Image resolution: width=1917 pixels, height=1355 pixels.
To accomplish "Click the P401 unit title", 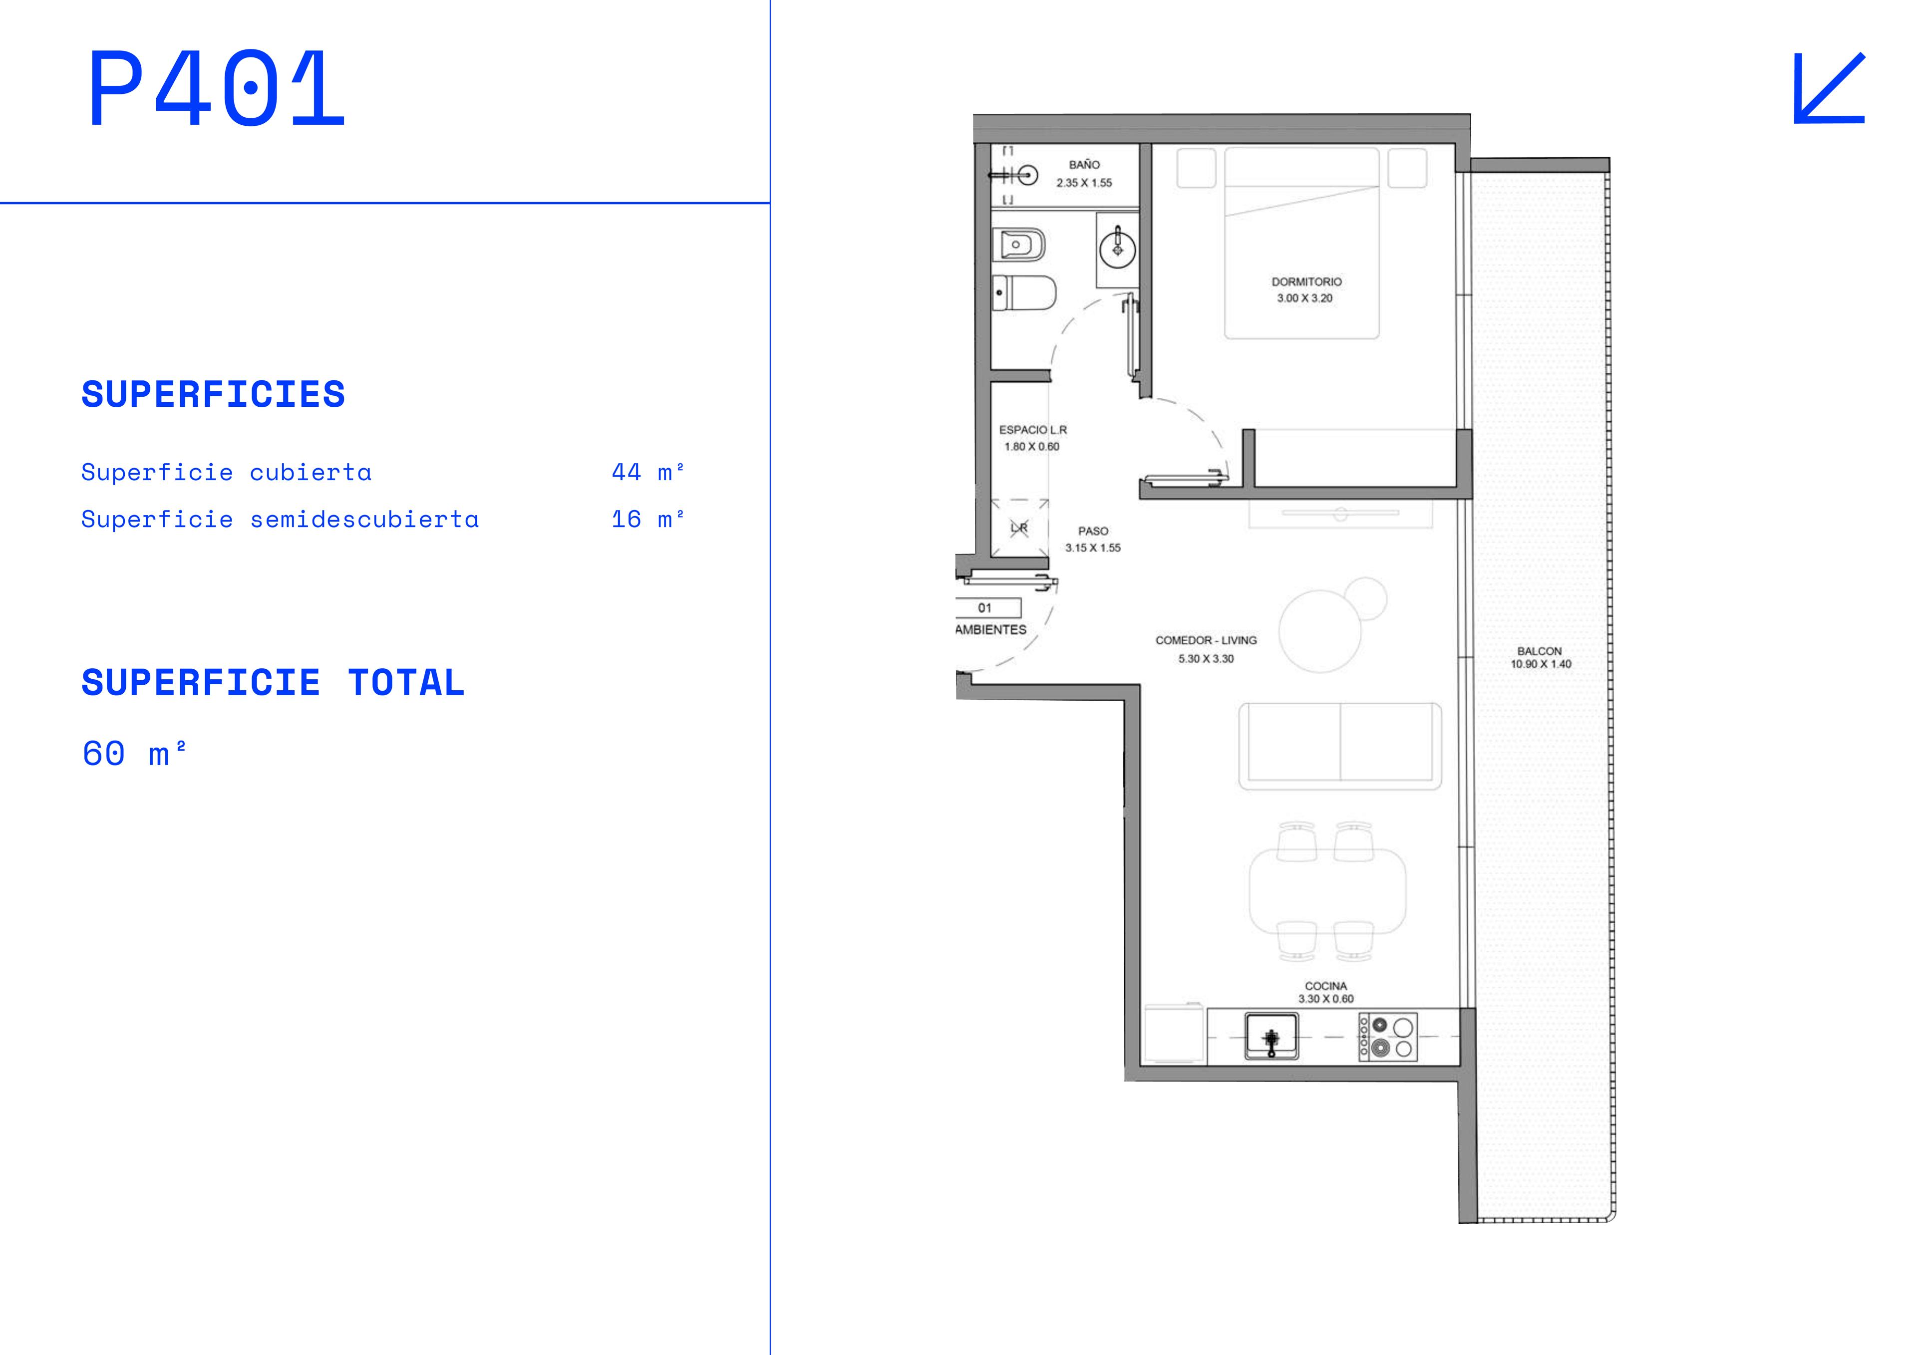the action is (217, 88).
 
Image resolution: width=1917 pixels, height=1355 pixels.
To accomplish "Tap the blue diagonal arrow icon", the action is (1829, 88).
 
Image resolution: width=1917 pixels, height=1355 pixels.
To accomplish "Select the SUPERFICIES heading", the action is (213, 394).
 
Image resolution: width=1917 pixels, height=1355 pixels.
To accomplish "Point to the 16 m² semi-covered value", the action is (648, 519).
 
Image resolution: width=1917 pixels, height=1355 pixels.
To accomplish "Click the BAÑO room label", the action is (1085, 165).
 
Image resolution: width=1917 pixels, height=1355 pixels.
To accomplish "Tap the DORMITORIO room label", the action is (1306, 281).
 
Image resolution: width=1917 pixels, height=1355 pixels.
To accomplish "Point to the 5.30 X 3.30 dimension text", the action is (1206, 659).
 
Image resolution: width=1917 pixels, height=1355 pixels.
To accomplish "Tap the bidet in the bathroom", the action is (1018, 245).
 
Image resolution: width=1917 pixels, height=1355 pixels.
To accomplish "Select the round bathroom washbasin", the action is (1117, 248).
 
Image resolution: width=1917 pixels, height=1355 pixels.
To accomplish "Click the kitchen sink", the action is (1272, 1036).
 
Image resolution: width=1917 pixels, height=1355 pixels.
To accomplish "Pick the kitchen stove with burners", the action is (1388, 1036).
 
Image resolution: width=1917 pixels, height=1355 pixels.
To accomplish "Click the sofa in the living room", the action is (1340, 746).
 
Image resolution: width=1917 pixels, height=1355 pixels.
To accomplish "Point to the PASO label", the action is (1093, 531).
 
